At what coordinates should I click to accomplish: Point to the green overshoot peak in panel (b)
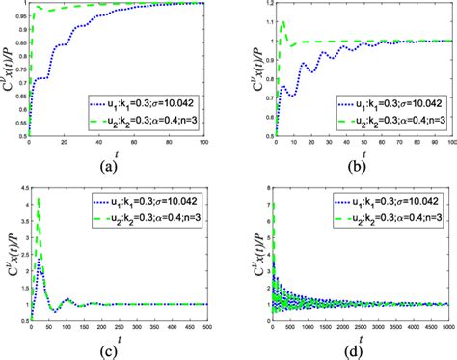tap(282, 22)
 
